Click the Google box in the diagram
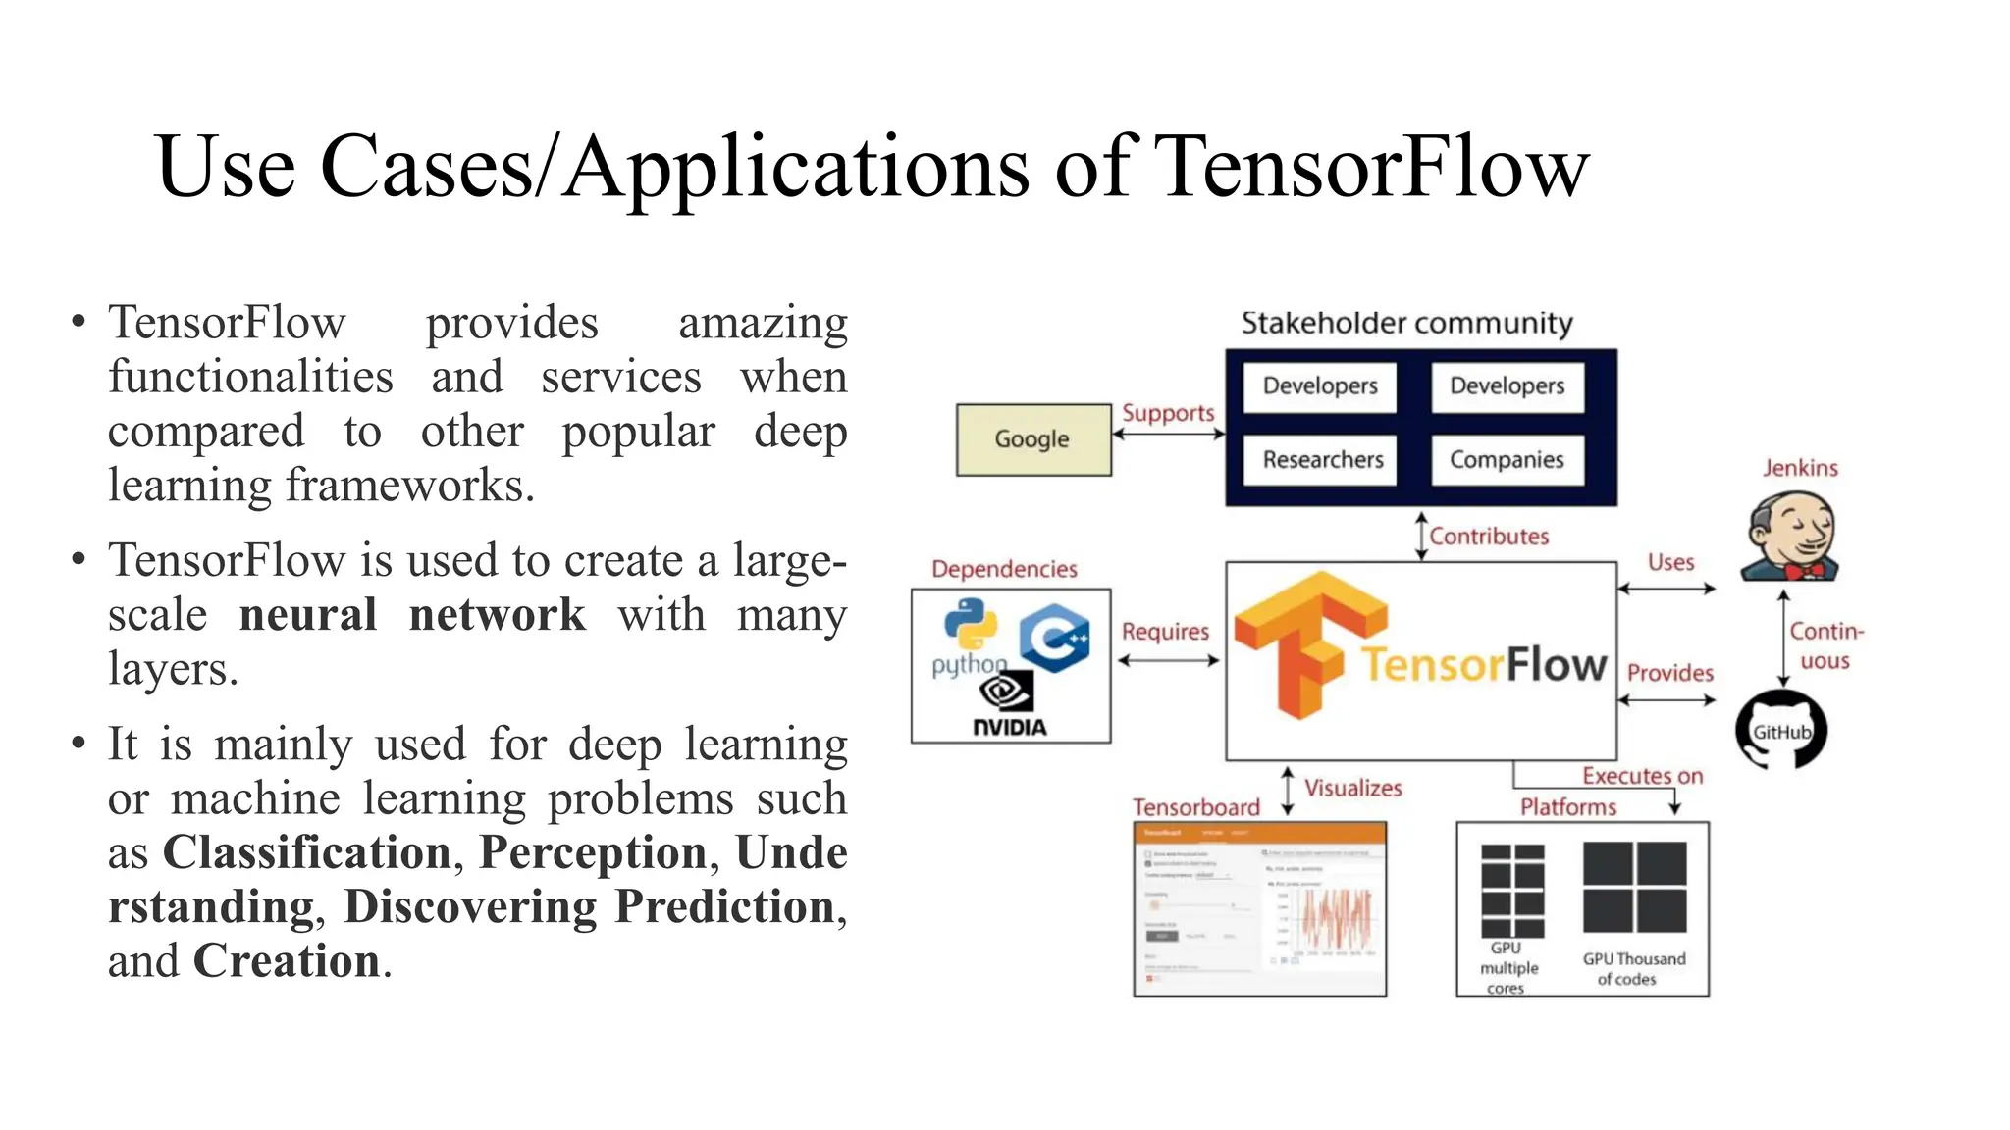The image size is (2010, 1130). point(1033,439)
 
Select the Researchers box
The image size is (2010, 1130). point(1321,460)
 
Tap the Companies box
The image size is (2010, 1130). point(1507,460)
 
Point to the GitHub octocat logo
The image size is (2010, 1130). point(1780,730)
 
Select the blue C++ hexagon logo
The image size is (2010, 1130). point(1055,638)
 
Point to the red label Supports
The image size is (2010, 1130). point(1168,413)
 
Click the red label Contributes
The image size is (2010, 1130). point(1489,537)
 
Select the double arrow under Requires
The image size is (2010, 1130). point(1168,661)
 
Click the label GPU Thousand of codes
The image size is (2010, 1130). point(1633,968)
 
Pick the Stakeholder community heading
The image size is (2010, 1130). point(1406,323)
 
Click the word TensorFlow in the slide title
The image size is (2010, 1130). point(1370,167)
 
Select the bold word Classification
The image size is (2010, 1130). point(306,852)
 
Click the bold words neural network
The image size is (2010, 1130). point(412,615)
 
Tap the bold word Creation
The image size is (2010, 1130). point(287,961)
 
